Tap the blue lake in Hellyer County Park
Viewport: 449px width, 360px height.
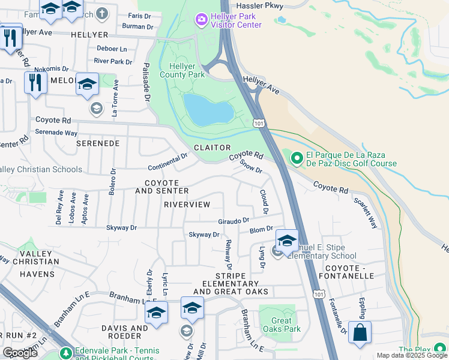tap(208, 108)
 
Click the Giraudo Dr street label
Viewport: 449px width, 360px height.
tap(233, 221)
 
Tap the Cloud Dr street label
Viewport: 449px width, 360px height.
tap(264, 202)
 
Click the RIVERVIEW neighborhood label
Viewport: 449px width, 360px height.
tap(187, 205)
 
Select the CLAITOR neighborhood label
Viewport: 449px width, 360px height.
tap(212, 148)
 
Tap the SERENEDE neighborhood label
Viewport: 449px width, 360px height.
tap(98, 144)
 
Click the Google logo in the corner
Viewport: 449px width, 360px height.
tap(20, 353)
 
